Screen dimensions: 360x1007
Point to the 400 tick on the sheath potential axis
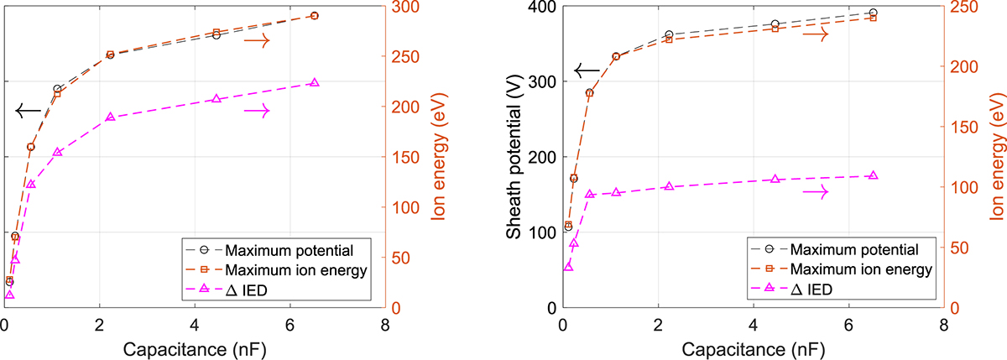[539, 8]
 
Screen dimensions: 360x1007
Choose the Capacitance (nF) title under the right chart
[752, 347]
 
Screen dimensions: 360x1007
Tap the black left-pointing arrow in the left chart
[29, 110]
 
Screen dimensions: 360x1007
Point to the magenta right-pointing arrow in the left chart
[257, 110]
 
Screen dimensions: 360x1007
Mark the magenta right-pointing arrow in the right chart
[815, 192]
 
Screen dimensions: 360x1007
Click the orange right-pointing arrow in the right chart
[815, 34]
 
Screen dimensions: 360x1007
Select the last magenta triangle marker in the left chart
[315, 83]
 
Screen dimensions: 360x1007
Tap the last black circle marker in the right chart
[873, 13]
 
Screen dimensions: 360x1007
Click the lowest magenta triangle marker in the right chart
[568, 266]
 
